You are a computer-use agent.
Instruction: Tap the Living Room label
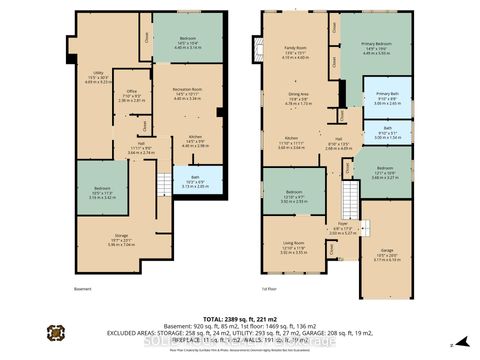[x=293, y=246]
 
